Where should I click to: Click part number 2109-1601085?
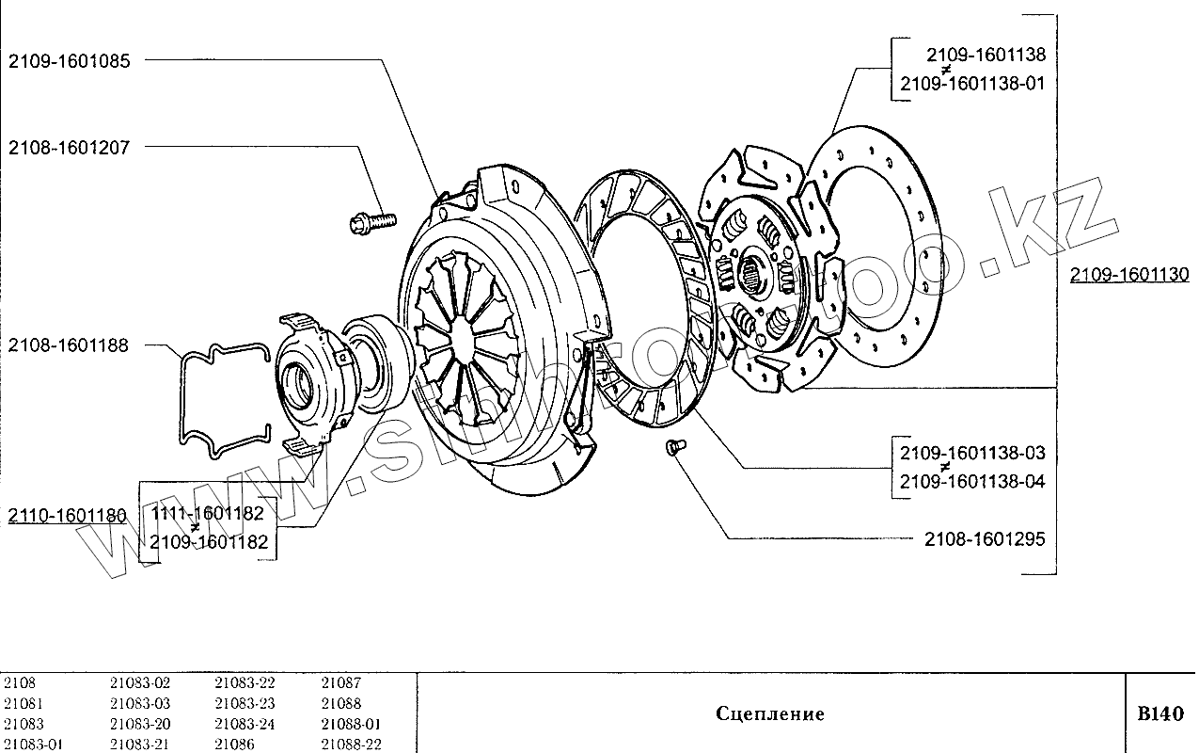tap(70, 61)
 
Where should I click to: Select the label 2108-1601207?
tap(70, 148)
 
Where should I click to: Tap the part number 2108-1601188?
tap(70, 345)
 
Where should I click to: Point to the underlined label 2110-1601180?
tap(67, 516)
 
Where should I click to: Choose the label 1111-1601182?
tap(210, 513)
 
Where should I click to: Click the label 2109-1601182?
tap(210, 542)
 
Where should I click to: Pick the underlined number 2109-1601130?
tap(1129, 275)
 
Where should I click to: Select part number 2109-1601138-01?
tap(972, 83)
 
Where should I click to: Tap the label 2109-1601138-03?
tap(972, 453)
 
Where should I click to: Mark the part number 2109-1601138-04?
tap(972, 482)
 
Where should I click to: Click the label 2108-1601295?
tap(984, 539)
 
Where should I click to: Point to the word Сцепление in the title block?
tap(770, 713)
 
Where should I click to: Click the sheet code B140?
tap(1160, 713)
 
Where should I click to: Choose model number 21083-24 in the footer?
tap(245, 724)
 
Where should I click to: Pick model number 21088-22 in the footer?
tap(351, 745)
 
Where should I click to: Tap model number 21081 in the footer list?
tap(24, 703)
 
